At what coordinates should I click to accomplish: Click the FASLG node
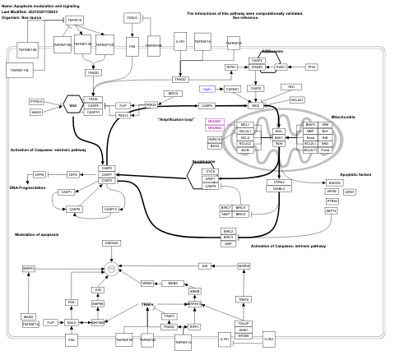click(x=132, y=17)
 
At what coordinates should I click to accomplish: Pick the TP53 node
click(x=311, y=67)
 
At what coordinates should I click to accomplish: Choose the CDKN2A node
click(x=111, y=242)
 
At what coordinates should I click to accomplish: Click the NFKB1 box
click(x=148, y=282)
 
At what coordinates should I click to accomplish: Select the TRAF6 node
click(x=244, y=300)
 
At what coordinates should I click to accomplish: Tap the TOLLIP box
click(x=244, y=323)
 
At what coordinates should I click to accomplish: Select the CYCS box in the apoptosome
click(x=211, y=170)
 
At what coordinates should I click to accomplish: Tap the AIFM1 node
click(x=350, y=191)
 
